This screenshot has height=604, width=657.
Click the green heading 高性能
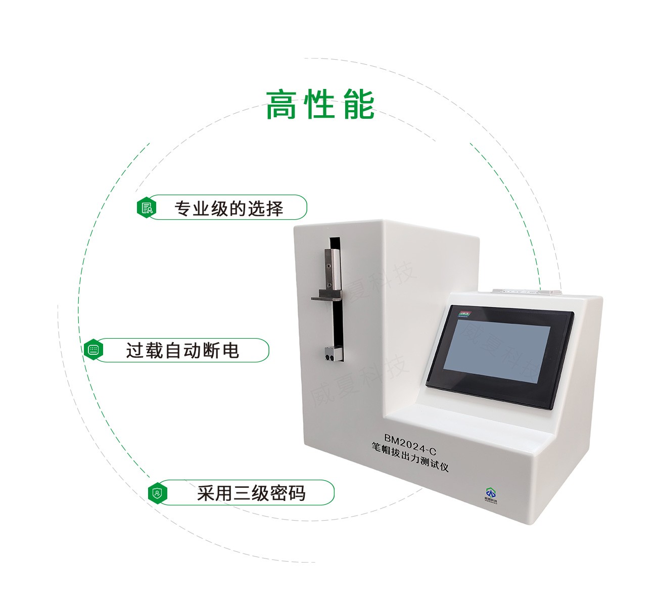pyautogui.click(x=320, y=105)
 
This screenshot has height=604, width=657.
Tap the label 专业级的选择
pyautogui.click(x=228, y=208)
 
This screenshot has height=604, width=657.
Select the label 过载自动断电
pyautogui.click(x=182, y=350)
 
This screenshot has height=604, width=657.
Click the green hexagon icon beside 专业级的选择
pyautogui.click(x=147, y=208)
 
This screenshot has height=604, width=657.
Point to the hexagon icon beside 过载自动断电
pyautogui.click(x=93, y=350)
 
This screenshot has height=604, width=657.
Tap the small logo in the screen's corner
pyautogui.click(x=464, y=314)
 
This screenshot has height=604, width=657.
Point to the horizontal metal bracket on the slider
pyautogui.click(x=326, y=298)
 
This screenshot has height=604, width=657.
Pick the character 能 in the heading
pyautogui.click(x=358, y=105)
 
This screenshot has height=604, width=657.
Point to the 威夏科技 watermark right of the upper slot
pyautogui.click(x=384, y=281)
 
